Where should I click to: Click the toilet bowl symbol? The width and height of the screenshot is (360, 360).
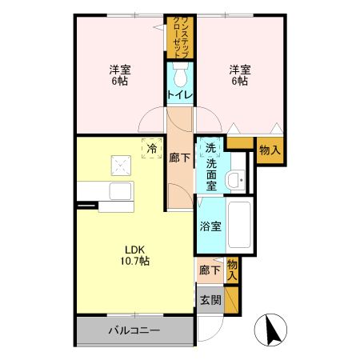click(179, 77)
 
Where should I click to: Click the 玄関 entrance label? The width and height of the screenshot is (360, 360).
click(210, 301)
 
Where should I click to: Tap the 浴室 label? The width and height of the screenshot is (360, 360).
click(211, 226)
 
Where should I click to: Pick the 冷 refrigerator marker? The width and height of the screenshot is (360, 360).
click(149, 148)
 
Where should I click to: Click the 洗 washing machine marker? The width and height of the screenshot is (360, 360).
click(210, 148)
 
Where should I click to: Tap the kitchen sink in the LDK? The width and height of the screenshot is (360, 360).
click(120, 194)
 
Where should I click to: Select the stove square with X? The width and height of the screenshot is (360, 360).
click(122, 166)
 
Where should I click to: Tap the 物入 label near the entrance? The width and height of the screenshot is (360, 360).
click(232, 269)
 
